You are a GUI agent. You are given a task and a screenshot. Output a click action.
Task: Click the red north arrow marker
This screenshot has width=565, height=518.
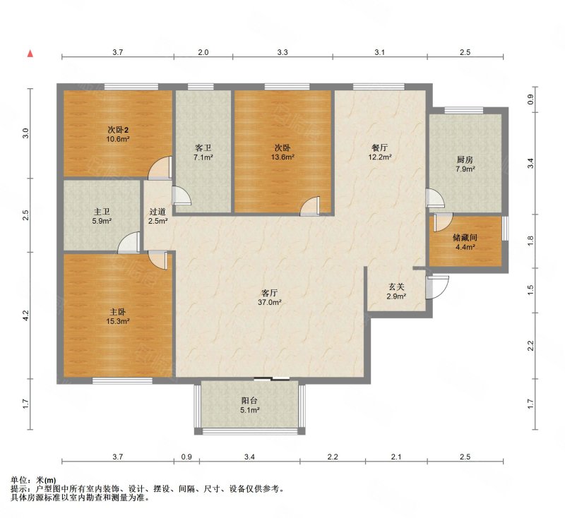[30, 54]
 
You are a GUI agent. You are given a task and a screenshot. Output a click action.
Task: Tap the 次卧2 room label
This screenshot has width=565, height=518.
[118, 130]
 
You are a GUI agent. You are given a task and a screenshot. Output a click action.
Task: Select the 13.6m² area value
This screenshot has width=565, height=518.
[283, 157]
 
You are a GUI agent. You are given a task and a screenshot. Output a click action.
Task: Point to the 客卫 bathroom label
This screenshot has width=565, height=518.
[203, 147]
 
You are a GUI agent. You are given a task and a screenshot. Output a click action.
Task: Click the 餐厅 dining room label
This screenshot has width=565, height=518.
[380, 147]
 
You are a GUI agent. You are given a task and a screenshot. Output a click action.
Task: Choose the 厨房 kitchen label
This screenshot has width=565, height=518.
[465, 159]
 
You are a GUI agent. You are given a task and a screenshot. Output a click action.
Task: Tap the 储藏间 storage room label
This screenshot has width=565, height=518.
[465, 238]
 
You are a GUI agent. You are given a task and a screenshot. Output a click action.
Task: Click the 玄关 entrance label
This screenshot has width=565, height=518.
[396, 287]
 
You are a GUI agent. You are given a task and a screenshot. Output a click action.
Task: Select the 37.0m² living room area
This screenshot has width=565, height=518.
[270, 302]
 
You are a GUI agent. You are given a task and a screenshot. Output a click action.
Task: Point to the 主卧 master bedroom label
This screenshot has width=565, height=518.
[118, 312]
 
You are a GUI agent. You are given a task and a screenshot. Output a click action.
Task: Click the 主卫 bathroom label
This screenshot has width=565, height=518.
[102, 212]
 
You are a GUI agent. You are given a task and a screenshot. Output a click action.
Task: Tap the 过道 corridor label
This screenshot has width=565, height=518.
[157, 212]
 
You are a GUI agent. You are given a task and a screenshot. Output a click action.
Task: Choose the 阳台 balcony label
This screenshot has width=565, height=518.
[250, 400]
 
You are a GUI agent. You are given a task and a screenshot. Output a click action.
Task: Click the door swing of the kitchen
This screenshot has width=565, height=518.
[435, 198]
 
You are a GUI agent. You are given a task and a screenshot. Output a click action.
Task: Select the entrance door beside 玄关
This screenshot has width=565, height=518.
[437, 287]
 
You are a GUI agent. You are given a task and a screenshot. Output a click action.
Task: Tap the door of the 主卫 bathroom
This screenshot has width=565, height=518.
[129, 242]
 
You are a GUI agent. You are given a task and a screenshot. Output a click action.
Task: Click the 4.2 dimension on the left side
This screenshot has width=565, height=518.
[25, 315]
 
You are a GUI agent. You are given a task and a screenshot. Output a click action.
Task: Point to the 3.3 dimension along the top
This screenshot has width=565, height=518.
[282, 52]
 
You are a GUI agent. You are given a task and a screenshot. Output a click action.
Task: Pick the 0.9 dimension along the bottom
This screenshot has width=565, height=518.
[186, 457]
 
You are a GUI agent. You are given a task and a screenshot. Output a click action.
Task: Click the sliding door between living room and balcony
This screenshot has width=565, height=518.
[272, 378]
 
